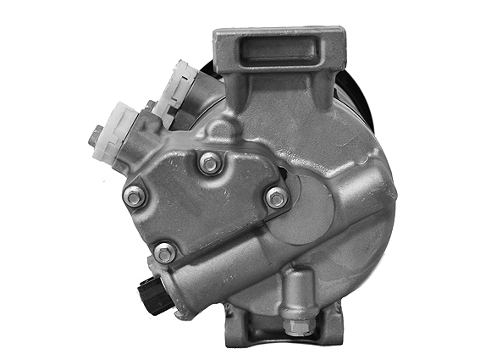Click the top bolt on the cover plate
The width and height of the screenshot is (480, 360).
(x=209, y=163)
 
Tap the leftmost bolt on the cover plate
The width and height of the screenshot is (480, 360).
(x=134, y=197)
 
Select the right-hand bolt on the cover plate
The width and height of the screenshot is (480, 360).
(x=275, y=198)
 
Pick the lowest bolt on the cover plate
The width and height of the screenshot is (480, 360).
(x=164, y=252)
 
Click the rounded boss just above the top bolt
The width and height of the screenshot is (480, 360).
(x=222, y=132)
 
